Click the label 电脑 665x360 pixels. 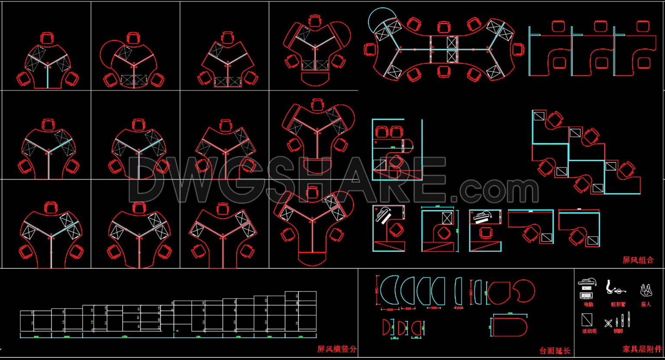(x=588, y=304)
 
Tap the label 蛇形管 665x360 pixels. (x=618, y=304)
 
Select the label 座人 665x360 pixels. (x=646, y=304)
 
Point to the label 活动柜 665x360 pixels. (x=589, y=331)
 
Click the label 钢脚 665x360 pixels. (x=618, y=331)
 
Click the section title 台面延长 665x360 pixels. (x=555, y=351)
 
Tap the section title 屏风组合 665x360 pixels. (x=638, y=260)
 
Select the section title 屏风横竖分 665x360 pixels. (x=337, y=349)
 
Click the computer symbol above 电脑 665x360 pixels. (x=588, y=289)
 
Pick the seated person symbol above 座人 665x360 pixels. (x=646, y=290)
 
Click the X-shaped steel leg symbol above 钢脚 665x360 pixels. (x=609, y=323)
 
